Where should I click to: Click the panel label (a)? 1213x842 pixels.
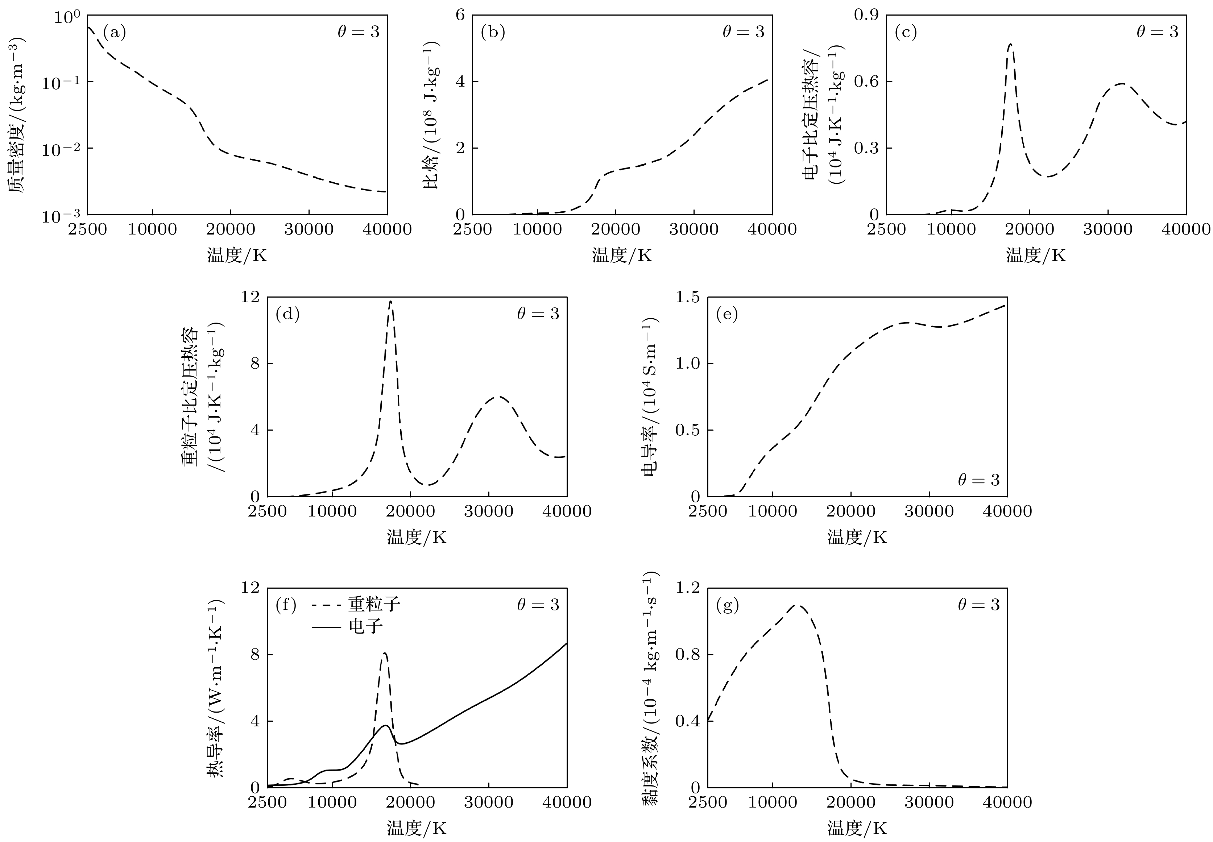tap(114, 33)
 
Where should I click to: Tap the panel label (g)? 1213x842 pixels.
tap(727, 605)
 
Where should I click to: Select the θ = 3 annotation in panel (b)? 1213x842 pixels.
tap(743, 32)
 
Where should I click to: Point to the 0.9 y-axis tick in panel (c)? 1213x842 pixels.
tap(866, 15)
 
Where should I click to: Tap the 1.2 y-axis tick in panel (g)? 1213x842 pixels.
tap(687, 588)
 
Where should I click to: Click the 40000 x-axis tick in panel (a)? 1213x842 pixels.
tap(387, 229)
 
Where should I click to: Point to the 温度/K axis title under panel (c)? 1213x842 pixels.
tap(1036, 255)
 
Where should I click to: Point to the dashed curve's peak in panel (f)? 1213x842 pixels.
tap(385, 653)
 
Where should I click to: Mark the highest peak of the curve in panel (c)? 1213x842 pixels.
tap(1010, 44)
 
